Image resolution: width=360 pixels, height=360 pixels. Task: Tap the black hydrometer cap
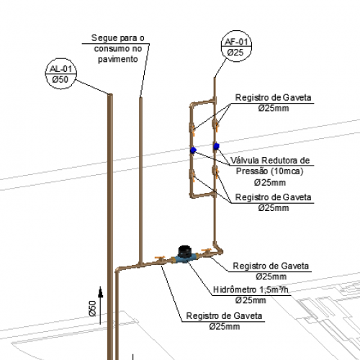point(184,251)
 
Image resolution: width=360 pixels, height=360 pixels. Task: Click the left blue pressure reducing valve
point(193,150)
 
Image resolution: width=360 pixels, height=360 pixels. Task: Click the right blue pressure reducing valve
point(216,146)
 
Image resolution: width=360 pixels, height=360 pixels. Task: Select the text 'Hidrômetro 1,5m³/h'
point(251,289)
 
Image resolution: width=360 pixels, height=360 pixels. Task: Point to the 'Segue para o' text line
point(117,38)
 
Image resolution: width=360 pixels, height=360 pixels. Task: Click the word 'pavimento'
point(117,59)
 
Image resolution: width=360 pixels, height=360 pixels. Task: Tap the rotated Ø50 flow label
point(92,308)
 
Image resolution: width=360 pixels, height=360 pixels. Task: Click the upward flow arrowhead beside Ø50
point(101,292)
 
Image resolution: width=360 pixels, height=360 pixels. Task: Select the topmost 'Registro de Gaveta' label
point(273,97)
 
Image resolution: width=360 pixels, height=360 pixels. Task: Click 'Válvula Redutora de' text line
point(270,161)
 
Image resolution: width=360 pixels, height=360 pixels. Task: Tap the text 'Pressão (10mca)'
point(269,171)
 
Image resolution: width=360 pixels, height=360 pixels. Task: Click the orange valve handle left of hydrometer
point(160,258)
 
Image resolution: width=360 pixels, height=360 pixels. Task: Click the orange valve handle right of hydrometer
point(206,251)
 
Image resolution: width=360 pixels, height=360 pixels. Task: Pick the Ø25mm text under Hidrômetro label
point(251,300)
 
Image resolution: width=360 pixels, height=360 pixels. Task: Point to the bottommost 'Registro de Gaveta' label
point(224,315)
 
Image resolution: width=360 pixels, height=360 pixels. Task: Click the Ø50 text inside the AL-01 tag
point(60,79)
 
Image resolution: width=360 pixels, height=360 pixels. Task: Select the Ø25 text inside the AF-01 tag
point(235,53)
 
